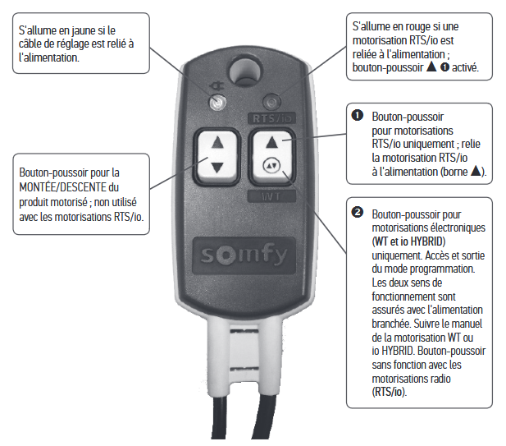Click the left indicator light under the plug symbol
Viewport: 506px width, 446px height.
217,103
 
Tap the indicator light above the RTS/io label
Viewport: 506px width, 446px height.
271,103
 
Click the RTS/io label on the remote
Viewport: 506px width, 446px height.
271,118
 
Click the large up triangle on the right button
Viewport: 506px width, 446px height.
272,143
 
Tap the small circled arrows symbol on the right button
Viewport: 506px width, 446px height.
272,166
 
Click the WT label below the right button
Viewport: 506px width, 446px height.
271,196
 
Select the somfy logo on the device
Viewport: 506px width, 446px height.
244,255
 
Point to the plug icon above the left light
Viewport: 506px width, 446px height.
216,86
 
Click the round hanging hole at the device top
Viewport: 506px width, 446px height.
245,71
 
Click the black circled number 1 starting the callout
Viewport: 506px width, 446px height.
358,115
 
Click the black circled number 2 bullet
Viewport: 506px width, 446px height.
358,213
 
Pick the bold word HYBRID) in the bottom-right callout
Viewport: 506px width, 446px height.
428,241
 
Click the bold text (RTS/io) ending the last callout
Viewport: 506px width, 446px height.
390,392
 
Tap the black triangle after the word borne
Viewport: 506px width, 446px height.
476,170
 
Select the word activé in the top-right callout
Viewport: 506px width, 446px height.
465,67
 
